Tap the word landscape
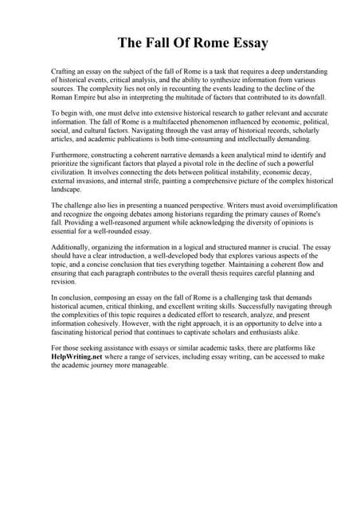tap(67, 190)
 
